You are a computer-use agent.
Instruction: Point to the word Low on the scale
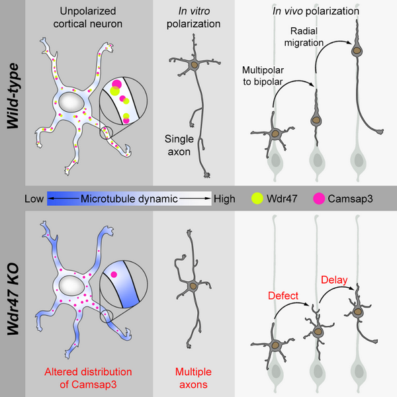[x=34, y=198]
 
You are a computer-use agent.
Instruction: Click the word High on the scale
[x=224, y=198]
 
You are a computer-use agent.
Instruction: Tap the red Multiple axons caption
[x=193, y=376]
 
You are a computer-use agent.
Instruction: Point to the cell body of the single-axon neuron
[x=194, y=65]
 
